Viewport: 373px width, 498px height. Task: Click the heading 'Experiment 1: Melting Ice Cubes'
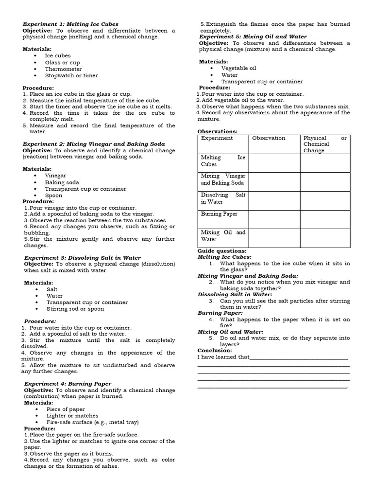click(x=71, y=24)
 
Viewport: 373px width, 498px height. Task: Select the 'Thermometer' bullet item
click(x=64, y=69)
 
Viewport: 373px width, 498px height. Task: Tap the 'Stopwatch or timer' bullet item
click(x=71, y=75)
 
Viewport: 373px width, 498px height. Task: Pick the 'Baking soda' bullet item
click(x=62, y=182)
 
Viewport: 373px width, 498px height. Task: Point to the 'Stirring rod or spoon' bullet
click(x=75, y=309)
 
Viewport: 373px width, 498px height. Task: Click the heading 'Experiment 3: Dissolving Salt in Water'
click(x=82, y=258)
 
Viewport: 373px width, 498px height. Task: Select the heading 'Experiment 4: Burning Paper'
click(x=68, y=384)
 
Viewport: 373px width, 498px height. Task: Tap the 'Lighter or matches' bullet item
click(x=72, y=416)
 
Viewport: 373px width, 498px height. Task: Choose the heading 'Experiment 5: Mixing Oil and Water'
click(x=253, y=36)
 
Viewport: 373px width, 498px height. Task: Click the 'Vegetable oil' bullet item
click(x=238, y=68)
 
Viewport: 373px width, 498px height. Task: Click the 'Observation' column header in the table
click(x=269, y=138)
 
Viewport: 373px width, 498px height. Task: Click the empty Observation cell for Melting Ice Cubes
click(x=274, y=163)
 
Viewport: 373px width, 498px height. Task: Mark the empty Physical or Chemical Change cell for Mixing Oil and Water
click(x=324, y=238)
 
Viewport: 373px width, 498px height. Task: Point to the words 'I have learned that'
click(x=223, y=357)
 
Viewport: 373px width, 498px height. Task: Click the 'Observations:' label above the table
click(x=218, y=131)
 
